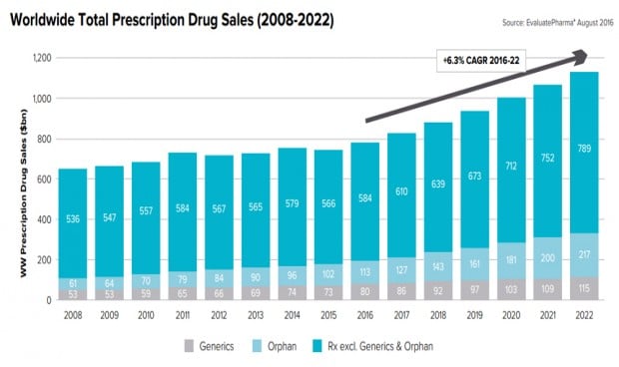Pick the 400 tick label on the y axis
[41, 219]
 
